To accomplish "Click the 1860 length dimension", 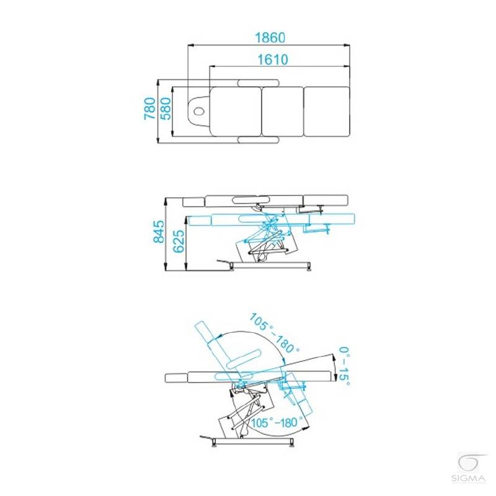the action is [x=270, y=38].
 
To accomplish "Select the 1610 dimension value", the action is [x=273, y=60].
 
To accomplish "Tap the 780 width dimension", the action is [x=150, y=108].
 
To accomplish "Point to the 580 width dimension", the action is [x=165, y=108].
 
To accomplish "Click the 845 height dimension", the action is [x=159, y=231].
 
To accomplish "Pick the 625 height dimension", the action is [x=179, y=241].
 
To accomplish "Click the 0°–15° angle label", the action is [x=345, y=366].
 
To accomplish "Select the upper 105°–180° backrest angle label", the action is [x=274, y=333].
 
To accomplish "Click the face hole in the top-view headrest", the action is [x=199, y=111].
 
